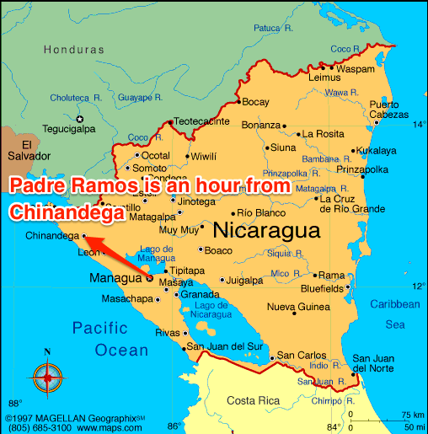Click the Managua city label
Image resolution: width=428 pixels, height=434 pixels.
115,277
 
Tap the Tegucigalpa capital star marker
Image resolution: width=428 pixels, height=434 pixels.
82,118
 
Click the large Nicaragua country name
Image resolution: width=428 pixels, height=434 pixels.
267,230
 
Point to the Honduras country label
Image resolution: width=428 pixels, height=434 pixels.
72,50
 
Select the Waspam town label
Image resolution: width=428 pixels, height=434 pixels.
356,68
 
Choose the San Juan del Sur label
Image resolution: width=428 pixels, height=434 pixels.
222,346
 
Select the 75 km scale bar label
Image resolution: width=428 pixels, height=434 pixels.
412,415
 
